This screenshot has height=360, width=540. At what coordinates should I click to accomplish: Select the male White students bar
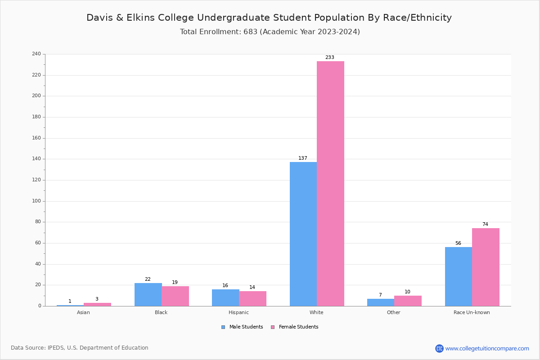click(303, 234)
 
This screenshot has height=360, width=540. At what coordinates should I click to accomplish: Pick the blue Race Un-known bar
click(458, 276)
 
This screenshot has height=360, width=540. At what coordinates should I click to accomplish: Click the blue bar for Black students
click(148, 294)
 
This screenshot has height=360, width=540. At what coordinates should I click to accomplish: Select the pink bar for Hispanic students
click(252, 298)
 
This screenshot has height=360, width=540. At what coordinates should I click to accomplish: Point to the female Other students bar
click(408, 301)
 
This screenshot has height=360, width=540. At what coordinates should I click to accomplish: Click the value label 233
click(330, 58)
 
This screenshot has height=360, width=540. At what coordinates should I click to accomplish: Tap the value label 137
click(303, 158)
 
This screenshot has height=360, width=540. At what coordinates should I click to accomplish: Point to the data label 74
click(485, 225)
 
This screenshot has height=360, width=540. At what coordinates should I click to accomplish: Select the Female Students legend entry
click(295, 327)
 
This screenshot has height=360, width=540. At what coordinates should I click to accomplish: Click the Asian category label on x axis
click(83, 312)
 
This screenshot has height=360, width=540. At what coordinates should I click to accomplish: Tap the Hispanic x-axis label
click(238, 312)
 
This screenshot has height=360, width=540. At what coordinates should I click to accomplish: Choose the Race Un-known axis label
click(472, 312)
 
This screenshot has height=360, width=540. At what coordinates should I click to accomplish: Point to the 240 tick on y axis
click(36, 54)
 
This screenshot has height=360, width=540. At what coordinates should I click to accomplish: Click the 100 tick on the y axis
click(36, 201)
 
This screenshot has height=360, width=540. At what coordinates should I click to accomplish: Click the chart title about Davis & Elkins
click(269, 18)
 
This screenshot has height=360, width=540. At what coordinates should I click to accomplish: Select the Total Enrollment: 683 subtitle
click(270, 31)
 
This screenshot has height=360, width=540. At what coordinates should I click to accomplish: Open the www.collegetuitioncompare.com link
click(487, 348)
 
